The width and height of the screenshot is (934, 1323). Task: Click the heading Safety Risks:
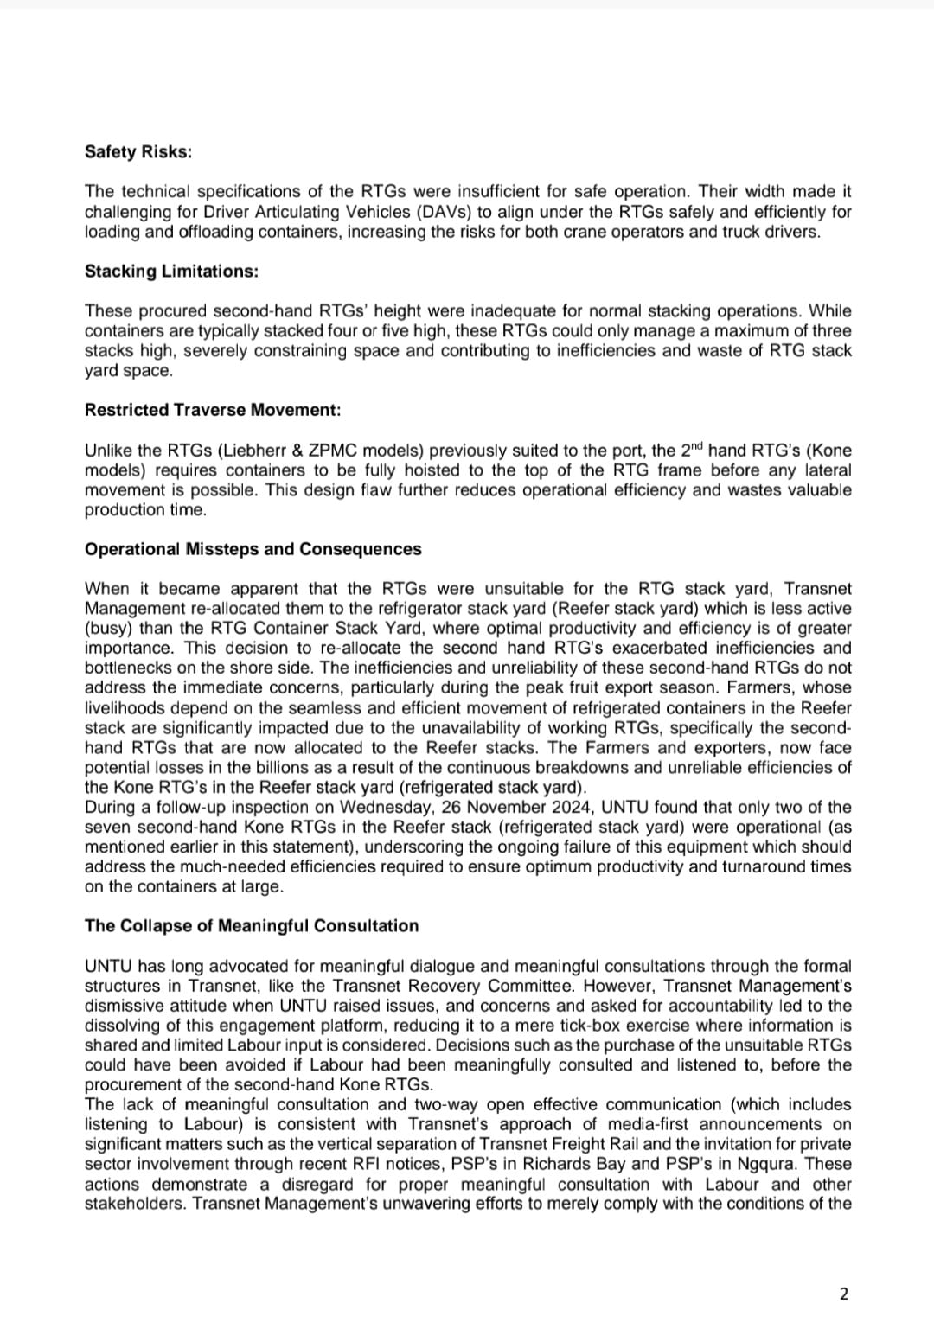click(x=138, y=152)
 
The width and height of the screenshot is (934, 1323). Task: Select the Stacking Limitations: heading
click(x=171, y=272)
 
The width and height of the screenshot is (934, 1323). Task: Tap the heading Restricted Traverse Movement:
click(x=213, y=410)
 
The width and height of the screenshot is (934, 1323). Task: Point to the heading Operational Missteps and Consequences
click(x=253, y=550)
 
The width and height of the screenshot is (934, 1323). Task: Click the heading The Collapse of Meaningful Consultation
click(x=252, y=926)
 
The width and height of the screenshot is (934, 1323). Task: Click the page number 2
click(x=845, y=1294)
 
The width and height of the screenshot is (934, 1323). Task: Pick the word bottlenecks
click(x=124, y=668)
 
